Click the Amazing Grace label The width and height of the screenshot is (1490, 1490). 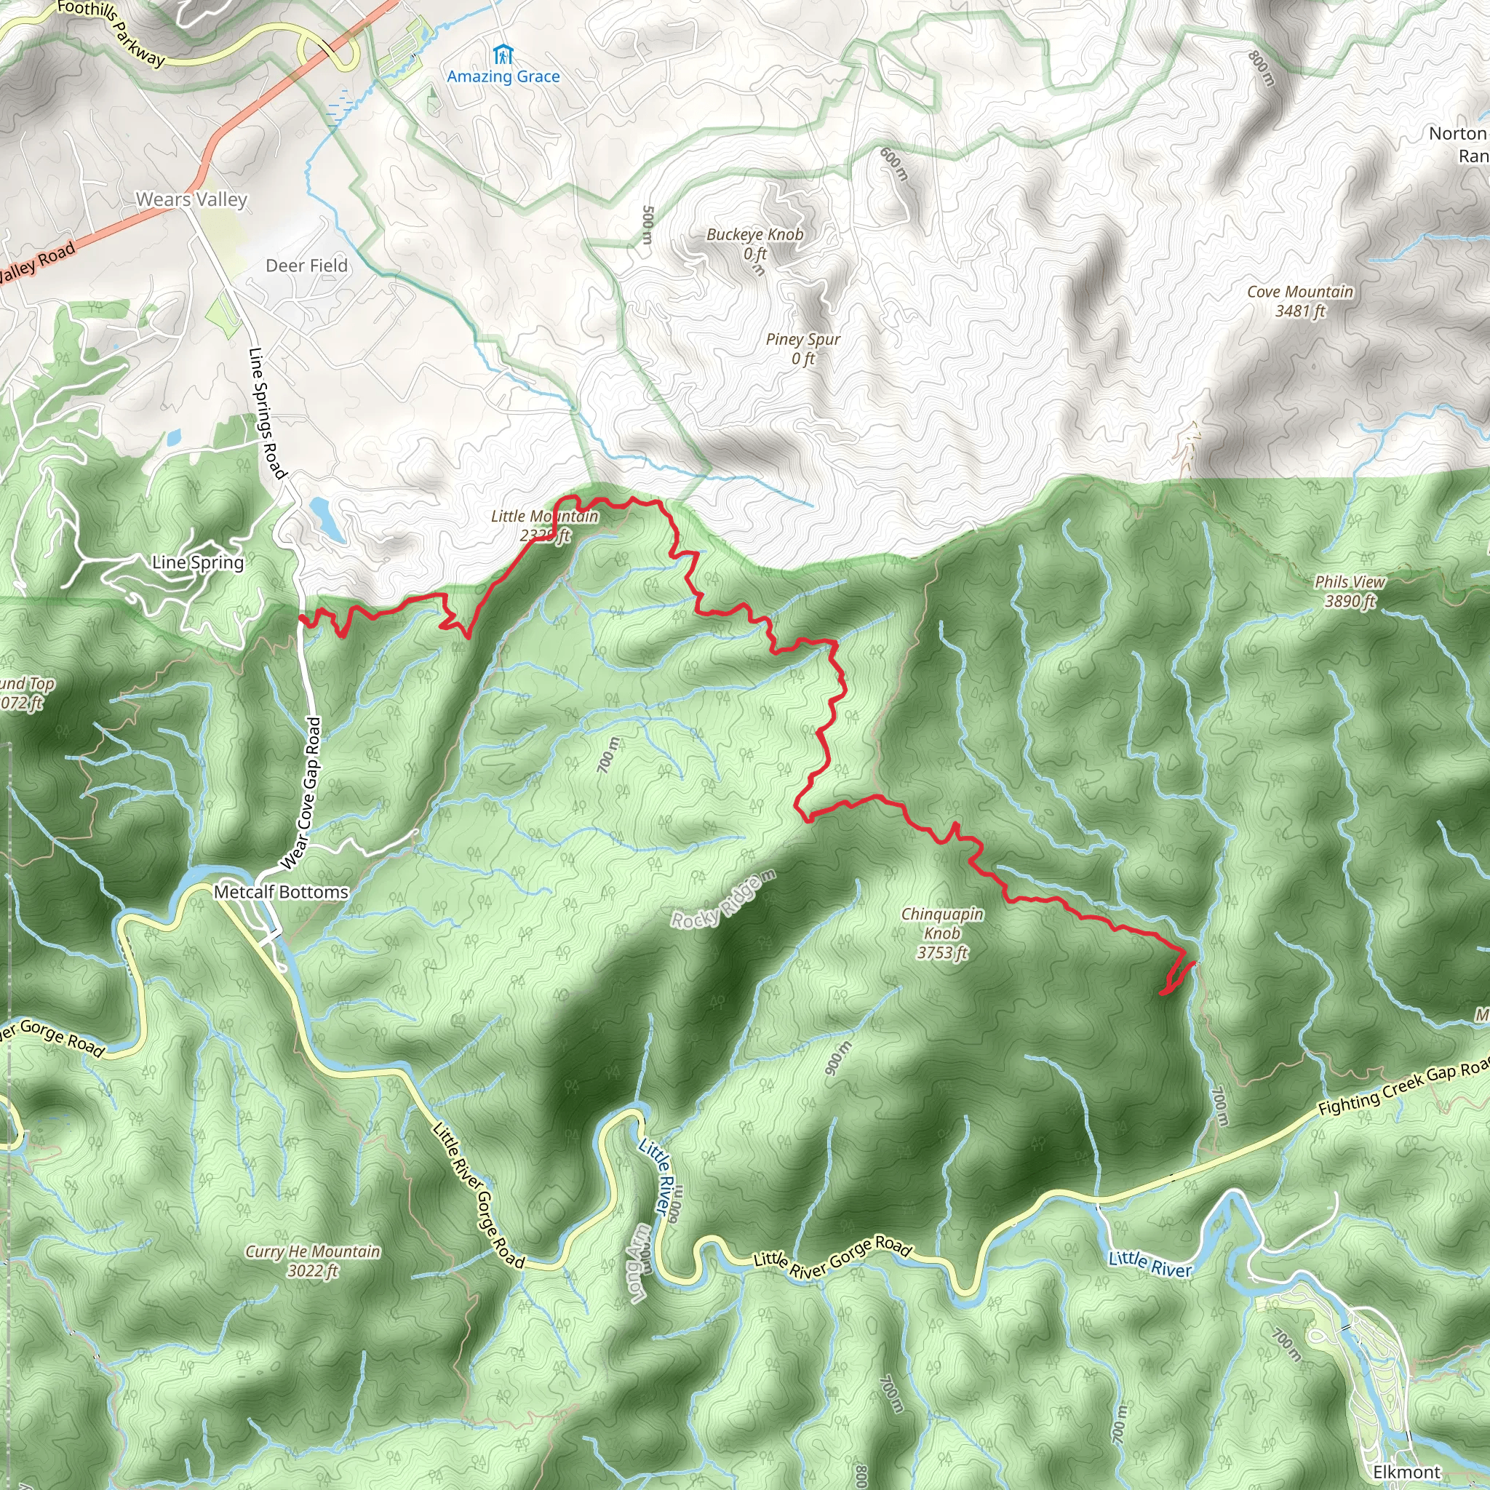[503, 76]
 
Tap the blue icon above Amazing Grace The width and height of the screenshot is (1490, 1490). [503, 55]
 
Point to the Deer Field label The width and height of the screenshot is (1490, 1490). [306, 266]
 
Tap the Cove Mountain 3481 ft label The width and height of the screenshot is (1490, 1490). [1299, 300]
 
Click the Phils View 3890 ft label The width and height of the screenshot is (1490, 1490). [1350, 591]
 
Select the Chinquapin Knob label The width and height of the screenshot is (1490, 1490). [941, 933]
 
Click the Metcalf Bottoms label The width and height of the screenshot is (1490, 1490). [281, 891]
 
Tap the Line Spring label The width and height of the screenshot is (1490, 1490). [197, 562]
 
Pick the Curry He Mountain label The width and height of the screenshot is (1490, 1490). [312, 1261]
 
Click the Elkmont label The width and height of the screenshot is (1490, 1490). [1407, 1472]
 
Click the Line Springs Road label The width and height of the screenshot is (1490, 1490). [267, 413]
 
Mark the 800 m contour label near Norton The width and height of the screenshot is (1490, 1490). [1262, 68]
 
